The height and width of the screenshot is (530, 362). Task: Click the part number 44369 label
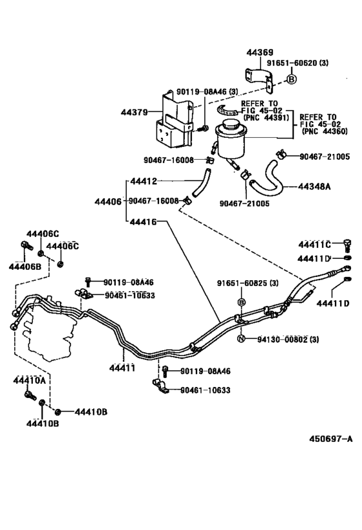click(x=260, y=52)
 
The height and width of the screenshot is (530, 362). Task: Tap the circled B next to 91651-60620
click(x=292, y=79)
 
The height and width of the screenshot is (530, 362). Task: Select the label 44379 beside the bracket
click(x=134, y=112)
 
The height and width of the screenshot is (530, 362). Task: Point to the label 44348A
click(x=314, y=186)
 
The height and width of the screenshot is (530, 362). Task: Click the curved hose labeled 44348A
click(x=269, y=178)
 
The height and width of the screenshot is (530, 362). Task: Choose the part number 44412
click(x=143, y=181)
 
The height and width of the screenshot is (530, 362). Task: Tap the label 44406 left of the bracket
click(x=108, y=202)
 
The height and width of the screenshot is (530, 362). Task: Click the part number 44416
click(x=143, y=222)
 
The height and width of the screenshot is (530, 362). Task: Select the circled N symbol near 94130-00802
click(x=240, y=338)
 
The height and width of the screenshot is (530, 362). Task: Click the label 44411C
click(x=314, y=244)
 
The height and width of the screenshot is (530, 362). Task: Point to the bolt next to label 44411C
click(x=347, y=245)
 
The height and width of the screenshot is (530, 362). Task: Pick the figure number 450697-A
click(x=331, y=439)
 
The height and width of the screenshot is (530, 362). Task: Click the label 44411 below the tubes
click(x=122, y=368)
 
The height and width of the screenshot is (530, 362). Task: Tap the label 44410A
click(x=29, y=381)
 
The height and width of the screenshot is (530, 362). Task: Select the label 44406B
click(x=25, y=267)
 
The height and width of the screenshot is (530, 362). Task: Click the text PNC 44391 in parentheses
click(x=266, y=118)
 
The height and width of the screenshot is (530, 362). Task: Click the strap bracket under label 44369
click(x=259, y=80)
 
